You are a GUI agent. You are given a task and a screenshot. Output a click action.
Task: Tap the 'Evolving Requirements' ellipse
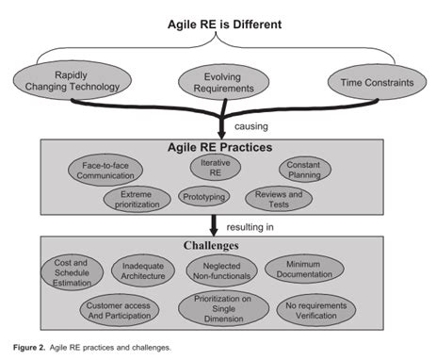pos(218,83)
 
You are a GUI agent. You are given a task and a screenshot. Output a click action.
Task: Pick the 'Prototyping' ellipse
pos(204,196)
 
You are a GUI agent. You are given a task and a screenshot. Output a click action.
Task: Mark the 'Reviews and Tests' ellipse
pos(279,198)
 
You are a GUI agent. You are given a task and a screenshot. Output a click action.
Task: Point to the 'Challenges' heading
pos(218,245)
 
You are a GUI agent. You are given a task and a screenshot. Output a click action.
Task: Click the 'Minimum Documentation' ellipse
pos(304,271)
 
